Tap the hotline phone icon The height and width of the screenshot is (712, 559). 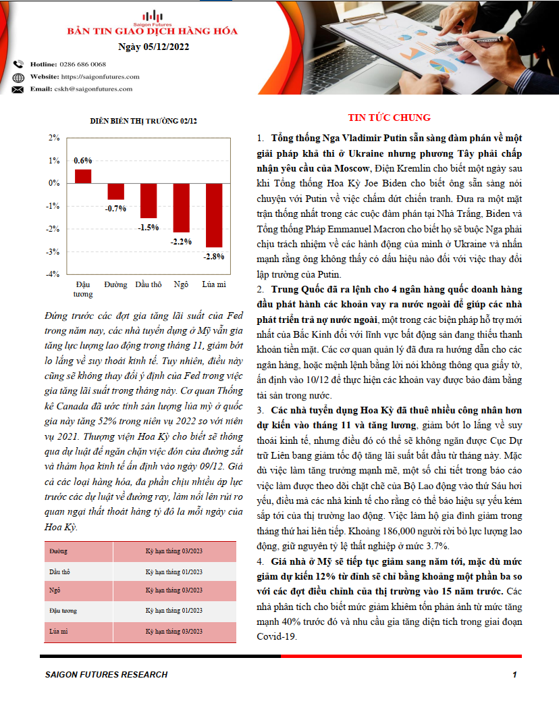[x=18, y=64]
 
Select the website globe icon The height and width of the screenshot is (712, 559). [x=18, y=77]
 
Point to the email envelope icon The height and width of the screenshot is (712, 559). [x=18, y=89]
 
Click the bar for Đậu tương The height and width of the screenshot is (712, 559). [x=83, y=176]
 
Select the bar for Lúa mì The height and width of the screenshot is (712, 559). [x=214, y=215]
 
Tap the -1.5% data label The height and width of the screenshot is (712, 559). [x=149, y=227]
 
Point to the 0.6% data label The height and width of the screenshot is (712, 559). [x=83, y=161]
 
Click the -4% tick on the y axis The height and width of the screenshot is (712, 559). [x=53, y=274]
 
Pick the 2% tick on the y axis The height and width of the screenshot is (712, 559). [x=55, y=138]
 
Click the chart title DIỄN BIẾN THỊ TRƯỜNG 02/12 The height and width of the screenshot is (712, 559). [x=144, y=121]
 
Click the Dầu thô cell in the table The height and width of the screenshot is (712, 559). [x=60, y=571]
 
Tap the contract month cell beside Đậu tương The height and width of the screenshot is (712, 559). [x=174, y=610]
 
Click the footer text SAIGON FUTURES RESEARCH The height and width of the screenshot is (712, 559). [x=106, y=674]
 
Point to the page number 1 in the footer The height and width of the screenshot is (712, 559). [x=514, y=674]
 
